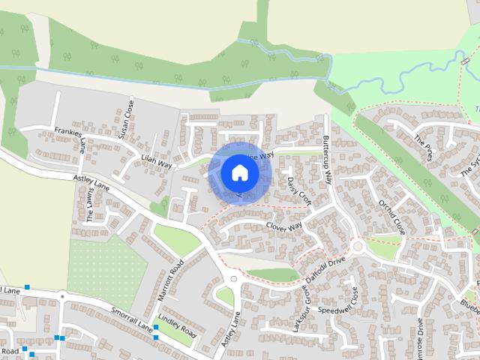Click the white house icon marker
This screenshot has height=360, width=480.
[239, 172]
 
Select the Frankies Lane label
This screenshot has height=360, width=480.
[72, 139]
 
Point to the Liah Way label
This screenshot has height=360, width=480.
[157, 160]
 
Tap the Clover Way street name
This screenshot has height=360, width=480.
[283, 226]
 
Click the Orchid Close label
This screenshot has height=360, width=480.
[391, 216]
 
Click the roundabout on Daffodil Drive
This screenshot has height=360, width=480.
[358, 246]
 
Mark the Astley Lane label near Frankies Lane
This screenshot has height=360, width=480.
[91, 182]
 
